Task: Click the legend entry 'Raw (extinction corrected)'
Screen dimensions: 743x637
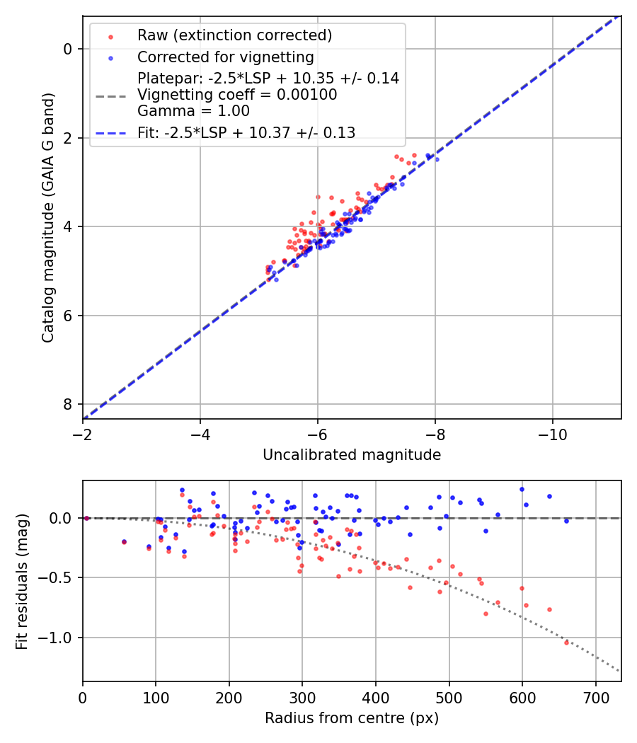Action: [x=234, y=35]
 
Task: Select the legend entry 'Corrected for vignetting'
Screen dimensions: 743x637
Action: [x=225, y=57]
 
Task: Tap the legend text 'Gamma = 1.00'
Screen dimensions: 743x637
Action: [x=193, y=111]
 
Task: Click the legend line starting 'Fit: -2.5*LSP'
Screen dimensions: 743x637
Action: [x=246, y=132]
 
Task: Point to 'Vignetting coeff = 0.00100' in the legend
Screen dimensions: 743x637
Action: [x=237, y=95]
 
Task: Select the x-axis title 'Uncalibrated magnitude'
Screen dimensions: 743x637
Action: [x=352, y=455]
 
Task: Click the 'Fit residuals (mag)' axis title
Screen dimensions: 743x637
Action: [x=22, y=582]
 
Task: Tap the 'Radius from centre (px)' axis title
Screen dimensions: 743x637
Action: [x=352, y=718]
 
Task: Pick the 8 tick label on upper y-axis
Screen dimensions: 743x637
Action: [x=67, y=404]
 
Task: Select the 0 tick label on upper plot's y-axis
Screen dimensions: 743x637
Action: [x=67, y=49]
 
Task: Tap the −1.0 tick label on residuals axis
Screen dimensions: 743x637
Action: [x=59, y=638]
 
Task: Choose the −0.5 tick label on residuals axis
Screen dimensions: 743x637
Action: [x=59, y=578]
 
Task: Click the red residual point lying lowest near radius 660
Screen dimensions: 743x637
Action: [x=566, y=643]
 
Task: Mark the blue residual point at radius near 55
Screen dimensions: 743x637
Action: [x=124, y=542]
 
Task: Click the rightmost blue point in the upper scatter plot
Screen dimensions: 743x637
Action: [x=437, y=159]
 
